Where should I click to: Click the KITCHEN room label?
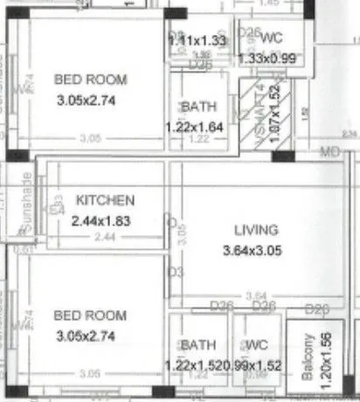[105, 199]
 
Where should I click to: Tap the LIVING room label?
[255, 230]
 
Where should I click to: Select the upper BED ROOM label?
[90, 80]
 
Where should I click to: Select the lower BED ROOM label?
[90, 315]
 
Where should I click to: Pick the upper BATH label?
[198, 107]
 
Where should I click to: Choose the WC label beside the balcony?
[257, 344]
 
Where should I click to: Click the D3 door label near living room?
[174, 273]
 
